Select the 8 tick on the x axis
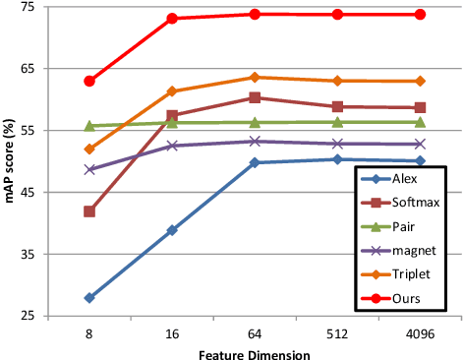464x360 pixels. click(x=89, y=333)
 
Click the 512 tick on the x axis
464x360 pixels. click(x=337, y=333)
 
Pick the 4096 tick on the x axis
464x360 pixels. click(x=420, y=333)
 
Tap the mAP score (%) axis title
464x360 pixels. click(x=12, y=162)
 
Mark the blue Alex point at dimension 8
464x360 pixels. click(x=89, y=298)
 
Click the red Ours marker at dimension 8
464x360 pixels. click(x=89, y=81)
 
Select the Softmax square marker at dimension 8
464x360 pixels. click(x=89, y=211)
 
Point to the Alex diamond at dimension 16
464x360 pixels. click(x=172, y=230)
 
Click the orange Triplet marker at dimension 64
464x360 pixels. click(x=255, y=77)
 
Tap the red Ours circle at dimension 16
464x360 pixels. click(x=172, y=19)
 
